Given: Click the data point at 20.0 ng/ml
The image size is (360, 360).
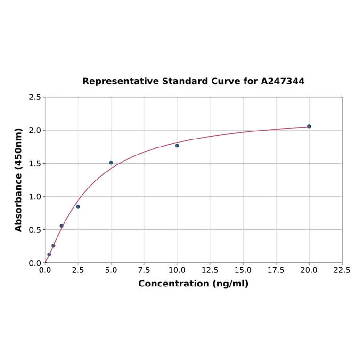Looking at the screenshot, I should click(x=309, y=126).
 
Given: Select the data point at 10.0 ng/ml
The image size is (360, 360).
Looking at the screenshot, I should click(x=177, y=146).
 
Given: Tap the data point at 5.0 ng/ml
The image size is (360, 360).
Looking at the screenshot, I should click(x=111, y=163).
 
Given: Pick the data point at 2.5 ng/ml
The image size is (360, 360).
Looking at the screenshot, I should click(x=78, y=206).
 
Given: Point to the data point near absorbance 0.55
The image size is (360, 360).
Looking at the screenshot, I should click(x=61, y=226).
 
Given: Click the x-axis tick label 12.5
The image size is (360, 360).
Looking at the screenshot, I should click(x=210, y=270).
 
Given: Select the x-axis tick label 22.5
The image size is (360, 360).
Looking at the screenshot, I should click(x=342, y=270).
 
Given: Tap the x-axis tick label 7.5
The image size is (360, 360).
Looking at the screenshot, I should click(x=144, y=270).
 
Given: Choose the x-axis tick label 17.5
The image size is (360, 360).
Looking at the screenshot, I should click(x=276, y=270).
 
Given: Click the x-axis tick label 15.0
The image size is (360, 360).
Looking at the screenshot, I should click(x=243, y=270).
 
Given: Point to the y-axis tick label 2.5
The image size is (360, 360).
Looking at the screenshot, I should click(x=34, y=97).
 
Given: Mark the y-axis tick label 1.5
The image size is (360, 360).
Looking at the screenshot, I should click(x=34, y=164).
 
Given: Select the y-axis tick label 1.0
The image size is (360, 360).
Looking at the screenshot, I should click(x=34, y=196).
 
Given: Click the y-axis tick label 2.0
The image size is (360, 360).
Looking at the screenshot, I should click(x=34, y=130).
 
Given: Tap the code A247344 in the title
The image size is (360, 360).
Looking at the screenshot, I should click(x=283, y=81).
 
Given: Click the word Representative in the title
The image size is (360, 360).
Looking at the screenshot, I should click(x=121, y=81).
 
